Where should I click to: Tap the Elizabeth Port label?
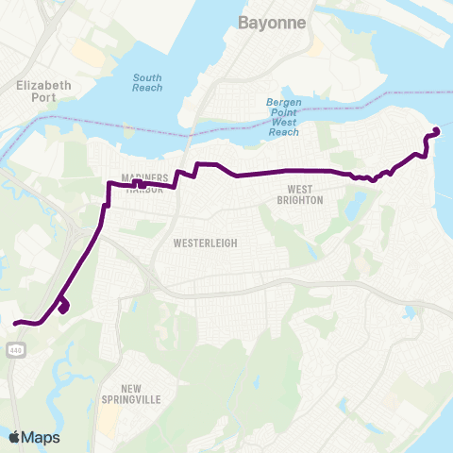[x=44, y=91]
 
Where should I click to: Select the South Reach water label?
[x=147, y=83]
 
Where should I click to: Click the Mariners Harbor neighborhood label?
[x=144, y=183]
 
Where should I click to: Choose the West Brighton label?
[x=299, y=194]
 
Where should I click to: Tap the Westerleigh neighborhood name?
[x=205, y=243]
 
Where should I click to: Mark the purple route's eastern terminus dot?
[x=436, y=131]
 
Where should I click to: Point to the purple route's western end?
[x=15, y=324]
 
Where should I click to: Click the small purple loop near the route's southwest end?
[x=63, y=307]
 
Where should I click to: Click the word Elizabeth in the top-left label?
[x=44, y=85]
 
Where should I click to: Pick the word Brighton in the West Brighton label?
[x=299, y=200]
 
